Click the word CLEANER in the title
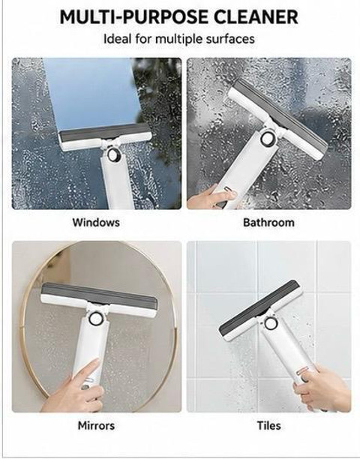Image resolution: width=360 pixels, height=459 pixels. (256, 17)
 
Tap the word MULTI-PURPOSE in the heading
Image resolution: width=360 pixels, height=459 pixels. (133, 17)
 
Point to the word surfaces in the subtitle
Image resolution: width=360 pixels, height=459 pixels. (230, 39)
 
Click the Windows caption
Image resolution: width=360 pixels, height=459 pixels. (96, 222)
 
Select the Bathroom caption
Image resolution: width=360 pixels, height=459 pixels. (268, 222)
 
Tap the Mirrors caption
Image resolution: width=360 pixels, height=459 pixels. (96, 425)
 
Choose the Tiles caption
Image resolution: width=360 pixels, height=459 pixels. (268, 425)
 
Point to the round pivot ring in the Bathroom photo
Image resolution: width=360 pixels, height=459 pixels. (267, 139)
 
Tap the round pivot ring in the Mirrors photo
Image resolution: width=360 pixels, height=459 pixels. (94, 319)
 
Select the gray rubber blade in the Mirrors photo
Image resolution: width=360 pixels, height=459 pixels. (99, 293)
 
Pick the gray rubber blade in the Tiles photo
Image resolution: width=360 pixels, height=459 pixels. (258, 307)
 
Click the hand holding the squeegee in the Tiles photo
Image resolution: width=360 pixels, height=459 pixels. (322, 388)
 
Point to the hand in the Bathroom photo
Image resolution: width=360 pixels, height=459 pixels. (211, 196)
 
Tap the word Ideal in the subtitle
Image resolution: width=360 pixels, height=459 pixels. (117, 39)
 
